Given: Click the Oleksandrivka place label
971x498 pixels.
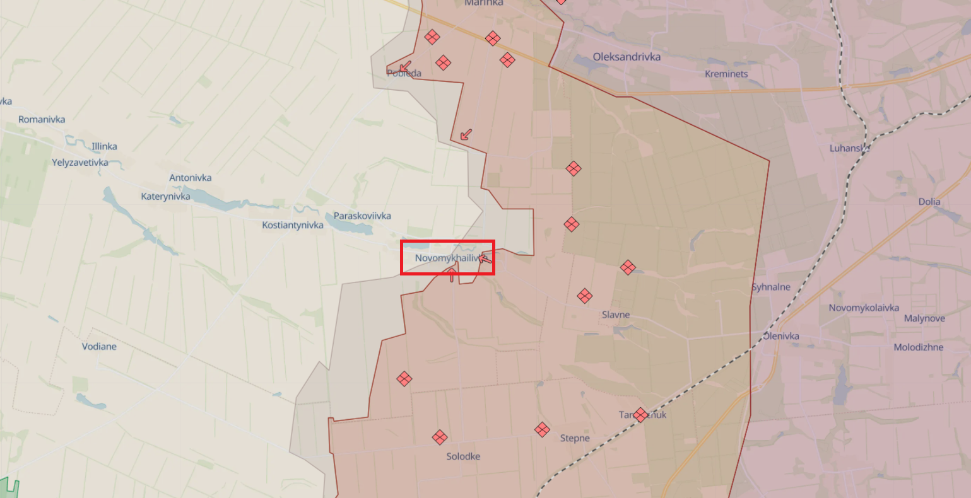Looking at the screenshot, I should pos(627,57).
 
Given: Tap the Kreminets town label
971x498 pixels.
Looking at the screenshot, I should pos(726,74).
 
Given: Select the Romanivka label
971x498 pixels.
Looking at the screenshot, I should pos(42,119).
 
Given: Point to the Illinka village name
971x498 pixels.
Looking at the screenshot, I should pos(104,146).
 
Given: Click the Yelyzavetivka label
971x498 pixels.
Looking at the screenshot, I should pos(80,162).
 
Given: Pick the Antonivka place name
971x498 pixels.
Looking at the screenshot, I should pos(191,178).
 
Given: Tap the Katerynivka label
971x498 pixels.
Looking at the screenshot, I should pos(166,196).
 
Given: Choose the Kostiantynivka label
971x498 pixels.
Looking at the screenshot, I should pos(293,225).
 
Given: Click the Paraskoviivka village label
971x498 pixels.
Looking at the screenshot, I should pos(362,216).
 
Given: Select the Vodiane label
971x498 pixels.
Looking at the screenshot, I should pos(99,346).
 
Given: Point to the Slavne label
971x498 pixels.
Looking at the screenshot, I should pos(616,315).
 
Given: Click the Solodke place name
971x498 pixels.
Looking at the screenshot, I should pos(463,456).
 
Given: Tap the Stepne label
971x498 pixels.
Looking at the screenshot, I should pos(575,438).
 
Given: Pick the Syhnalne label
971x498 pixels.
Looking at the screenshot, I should pos(771,287).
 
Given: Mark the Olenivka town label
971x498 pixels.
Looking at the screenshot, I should pos(781,336).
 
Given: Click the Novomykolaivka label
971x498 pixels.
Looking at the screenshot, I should pos(864,308).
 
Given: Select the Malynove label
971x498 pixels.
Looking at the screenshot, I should pos(924,318).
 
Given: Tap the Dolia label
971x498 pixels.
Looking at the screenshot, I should pos(929,202).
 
